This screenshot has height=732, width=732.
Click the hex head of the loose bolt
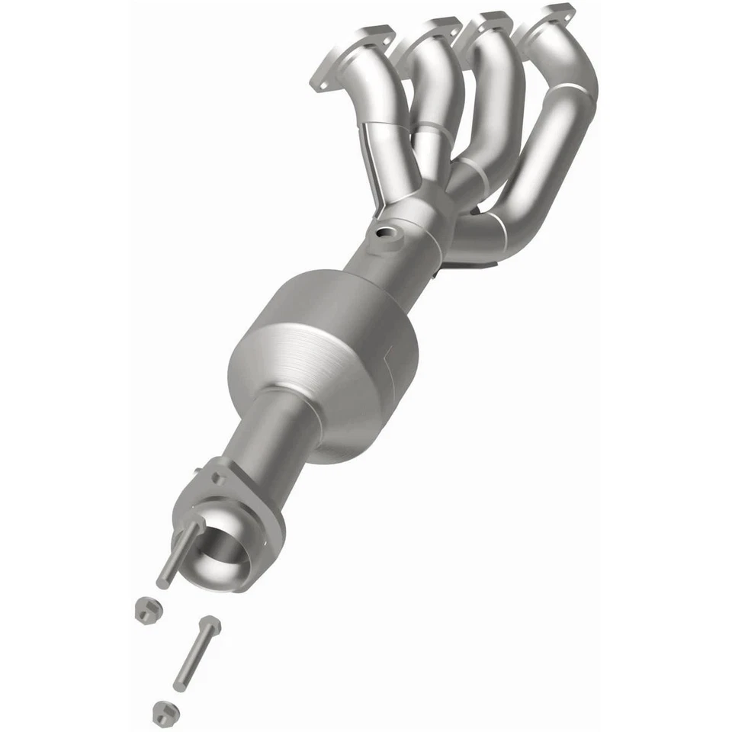coord(209,628)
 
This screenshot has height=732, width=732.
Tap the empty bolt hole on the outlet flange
coord(219,480)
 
